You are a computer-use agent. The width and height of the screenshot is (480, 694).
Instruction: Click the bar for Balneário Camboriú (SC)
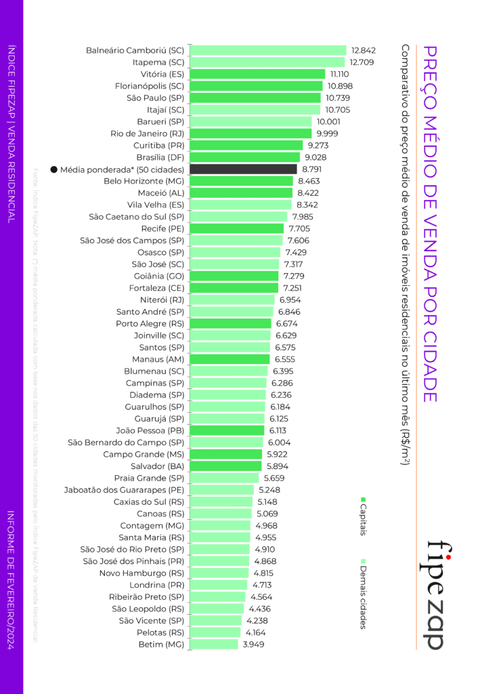pos(268,50)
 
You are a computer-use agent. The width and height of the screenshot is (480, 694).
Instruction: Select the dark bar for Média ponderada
pos(243,169)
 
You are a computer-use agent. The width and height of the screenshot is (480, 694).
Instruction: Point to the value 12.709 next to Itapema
pos(362,62)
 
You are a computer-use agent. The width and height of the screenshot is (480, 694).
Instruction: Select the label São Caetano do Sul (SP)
pos(136,217)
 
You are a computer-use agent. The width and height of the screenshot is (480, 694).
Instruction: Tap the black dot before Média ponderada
pos(53,169)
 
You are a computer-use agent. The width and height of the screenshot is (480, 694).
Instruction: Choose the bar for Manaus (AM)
pos(230,359)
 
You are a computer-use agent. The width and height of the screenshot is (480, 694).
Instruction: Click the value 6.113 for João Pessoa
pos(281,430)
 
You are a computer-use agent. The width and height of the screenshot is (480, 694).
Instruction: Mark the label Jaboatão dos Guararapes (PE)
pos(124,490)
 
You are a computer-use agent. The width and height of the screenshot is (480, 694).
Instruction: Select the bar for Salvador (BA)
pos(225,466)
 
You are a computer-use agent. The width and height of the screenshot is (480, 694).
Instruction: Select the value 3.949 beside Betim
pos(253,644)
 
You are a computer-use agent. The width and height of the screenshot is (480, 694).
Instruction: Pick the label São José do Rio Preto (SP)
pos(132,549)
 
